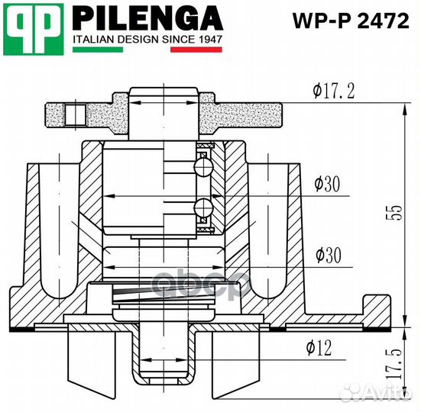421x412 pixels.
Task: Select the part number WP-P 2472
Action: pyautogui.click(x=351, y=21)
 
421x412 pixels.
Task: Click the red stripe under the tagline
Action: pyautogui.click(x=196, y=50)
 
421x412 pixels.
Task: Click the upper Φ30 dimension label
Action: pyautogui.click(x=326, y=184)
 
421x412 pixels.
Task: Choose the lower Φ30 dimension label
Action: pyautogui.click(x=326, y=256)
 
